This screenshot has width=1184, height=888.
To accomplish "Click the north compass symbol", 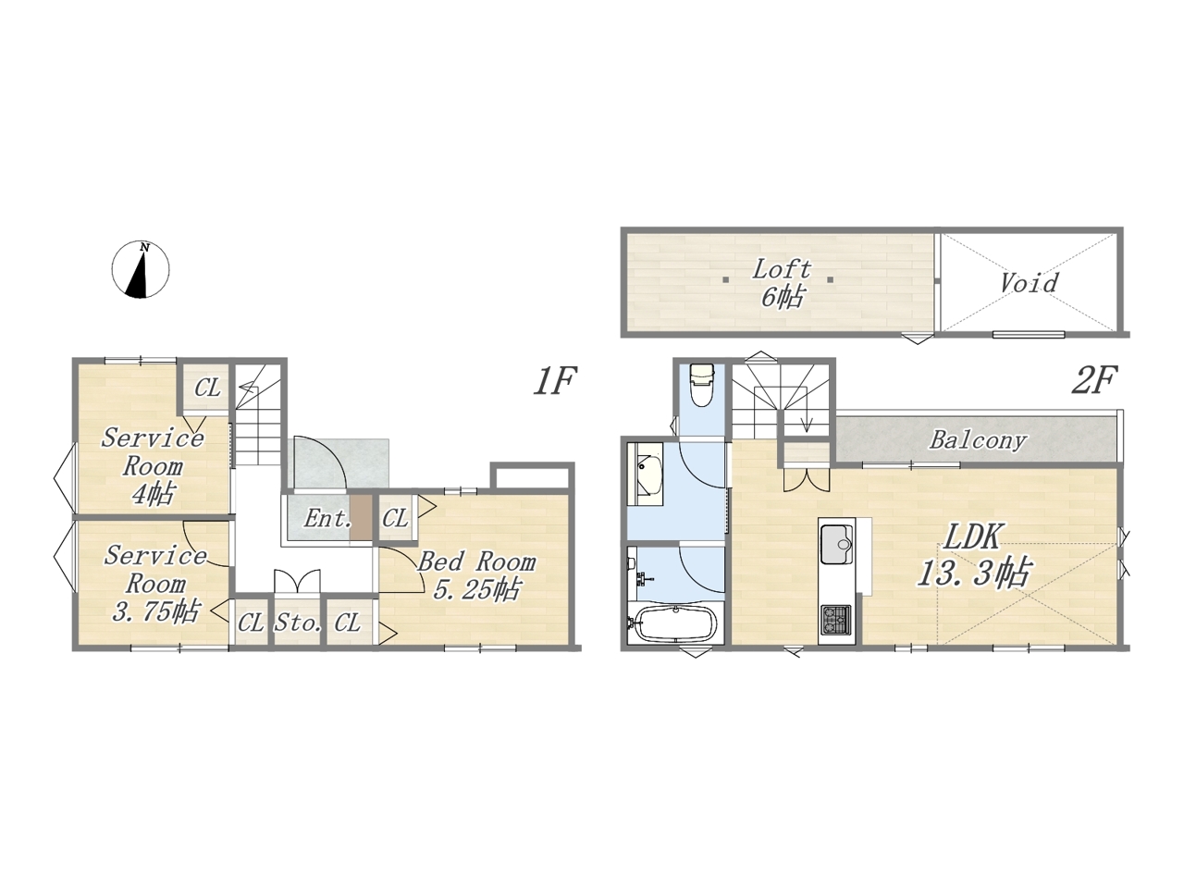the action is click(x=141, y=269).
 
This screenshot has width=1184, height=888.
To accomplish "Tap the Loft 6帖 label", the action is click(x=782, y=284).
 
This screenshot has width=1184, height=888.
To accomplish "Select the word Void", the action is click(x=1028, y=283).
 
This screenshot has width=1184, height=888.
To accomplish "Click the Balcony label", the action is click(x=977, y=441).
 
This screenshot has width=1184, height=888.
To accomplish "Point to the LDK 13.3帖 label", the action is click(x=974, y=558).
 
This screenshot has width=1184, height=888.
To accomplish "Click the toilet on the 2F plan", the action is click(x=702, y=386).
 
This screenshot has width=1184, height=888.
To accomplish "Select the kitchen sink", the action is click(x=836, y=545).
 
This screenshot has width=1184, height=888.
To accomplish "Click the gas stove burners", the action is click(x=835, y=620).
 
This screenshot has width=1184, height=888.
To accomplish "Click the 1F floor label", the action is click(x=555, y=381).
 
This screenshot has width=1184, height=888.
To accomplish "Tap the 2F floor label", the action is click(x=1093, y=381).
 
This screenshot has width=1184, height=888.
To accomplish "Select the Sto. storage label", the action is click(x=298, y=623).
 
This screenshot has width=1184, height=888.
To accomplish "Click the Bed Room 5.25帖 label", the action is click(x=476, y=576).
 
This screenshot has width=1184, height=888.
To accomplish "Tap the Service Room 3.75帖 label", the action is click(x=155, y=584).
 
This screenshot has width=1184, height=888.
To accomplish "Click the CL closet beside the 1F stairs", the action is click(x=207, y=388).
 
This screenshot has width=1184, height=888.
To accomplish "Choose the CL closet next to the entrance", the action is click(x=395, y=519).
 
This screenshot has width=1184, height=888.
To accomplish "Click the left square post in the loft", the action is click(x=726, y=280).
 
